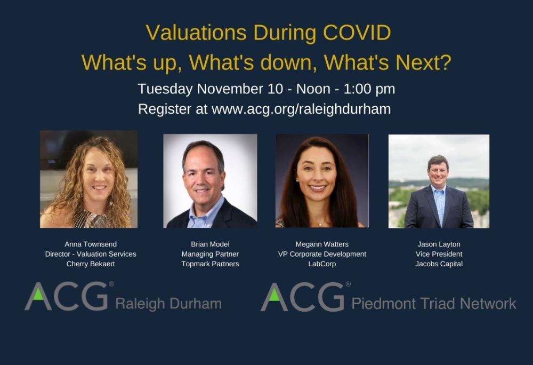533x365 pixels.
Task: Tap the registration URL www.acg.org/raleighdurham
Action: pyautogui.click(x=301, y=109)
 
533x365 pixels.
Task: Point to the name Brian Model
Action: pyautogui.click(x=210, y=244)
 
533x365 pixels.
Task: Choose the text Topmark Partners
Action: pyautogui.click(x=210, y=264)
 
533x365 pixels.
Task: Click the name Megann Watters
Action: pyautogui.click(x=322, y=244)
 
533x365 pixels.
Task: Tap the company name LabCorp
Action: pyautogui.click(x=322, y=264)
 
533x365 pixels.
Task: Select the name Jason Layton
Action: pyautogui.click(x=439, y=244)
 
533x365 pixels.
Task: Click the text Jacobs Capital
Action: pyautogui.click(x=439, y=264)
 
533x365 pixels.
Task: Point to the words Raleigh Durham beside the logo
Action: pyautogui.click(x=168, y=304)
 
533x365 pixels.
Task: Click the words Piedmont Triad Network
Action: pyautogui.click(x=433, y=304)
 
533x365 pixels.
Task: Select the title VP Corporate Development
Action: pyautogui.click(x=322, y=254)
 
